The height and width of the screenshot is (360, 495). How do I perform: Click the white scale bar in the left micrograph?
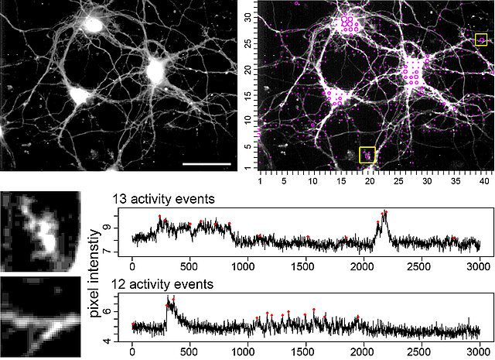(x=208, y=164)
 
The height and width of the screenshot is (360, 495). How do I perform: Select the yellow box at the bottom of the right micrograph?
(x=367, y=154)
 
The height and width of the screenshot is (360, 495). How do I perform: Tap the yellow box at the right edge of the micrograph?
(x=482, y=39)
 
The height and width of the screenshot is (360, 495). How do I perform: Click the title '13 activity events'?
(x=164, y=200)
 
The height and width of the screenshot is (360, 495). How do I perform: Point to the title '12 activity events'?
(x=164, y=285)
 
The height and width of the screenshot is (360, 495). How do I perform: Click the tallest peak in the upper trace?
(x=385, y=212)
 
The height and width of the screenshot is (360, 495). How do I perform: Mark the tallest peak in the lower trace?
(x=169, y=297)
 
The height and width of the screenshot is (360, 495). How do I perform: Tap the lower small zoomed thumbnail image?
(x=39, y=314)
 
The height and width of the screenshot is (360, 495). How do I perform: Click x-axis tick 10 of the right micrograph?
(x=312, y=180)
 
